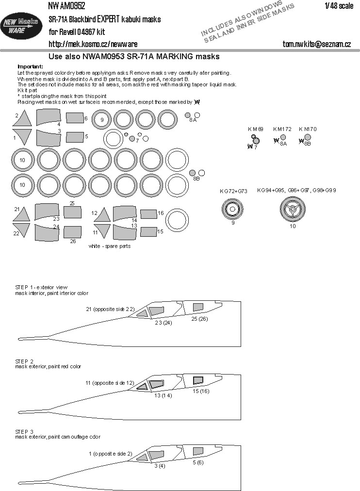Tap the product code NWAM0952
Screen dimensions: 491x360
pyautogui.click(x=66, y=6)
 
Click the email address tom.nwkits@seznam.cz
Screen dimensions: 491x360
pyautogui.click(x=317, y=44)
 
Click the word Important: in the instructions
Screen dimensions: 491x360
pyautogui.click(x=30, y=66)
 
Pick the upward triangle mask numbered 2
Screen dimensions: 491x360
pyautogui.click(x=22, y=118)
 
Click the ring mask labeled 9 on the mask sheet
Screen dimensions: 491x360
pyautogui.click(x=102, y=119)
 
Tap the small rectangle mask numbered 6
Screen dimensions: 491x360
pyautogui.click(x=74, y=118)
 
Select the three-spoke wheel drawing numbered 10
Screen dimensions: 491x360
pyautogui.click(x=291, y=210)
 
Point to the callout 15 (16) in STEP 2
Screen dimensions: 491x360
pyautogui.click(x=201, y=391)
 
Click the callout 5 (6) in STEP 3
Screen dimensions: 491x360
pyautogui.click(x=197, y=462)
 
